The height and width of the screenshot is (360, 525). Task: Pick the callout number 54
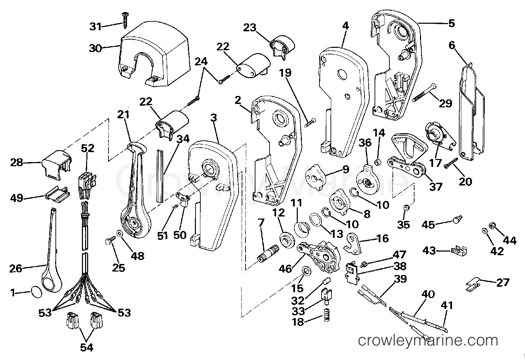86,348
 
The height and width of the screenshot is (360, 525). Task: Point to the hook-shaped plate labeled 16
354,242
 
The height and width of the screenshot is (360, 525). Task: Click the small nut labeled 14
377,162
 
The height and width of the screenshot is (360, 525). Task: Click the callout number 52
87,148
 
